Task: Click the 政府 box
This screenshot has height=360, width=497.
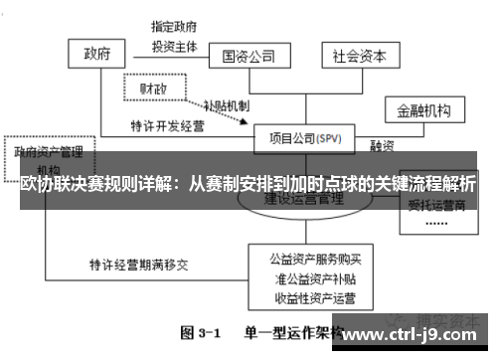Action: [x=96, y=53]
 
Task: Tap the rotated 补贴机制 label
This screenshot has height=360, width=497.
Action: [x=228, y=106]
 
